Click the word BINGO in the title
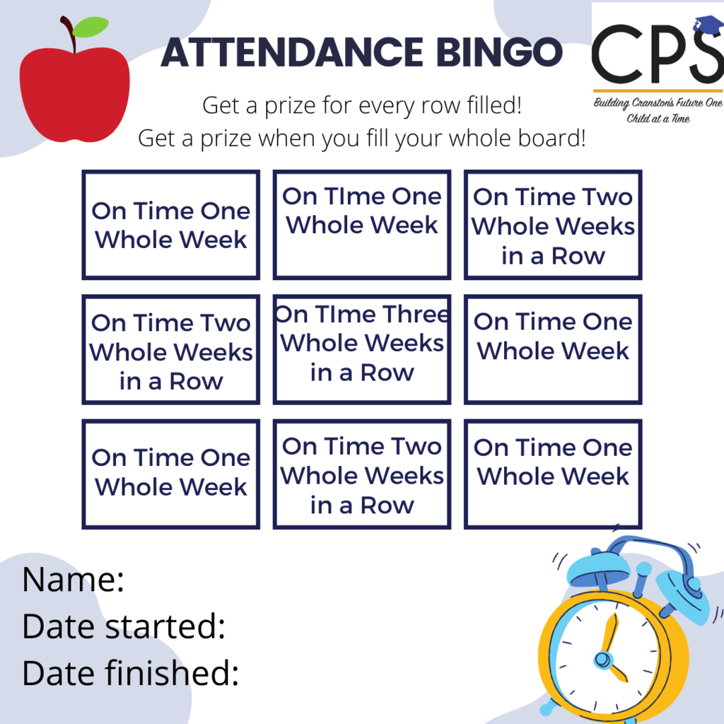499,52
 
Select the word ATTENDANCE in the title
292,52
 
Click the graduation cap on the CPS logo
708,24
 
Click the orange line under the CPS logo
658,90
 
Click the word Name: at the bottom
74,579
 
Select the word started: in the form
165,626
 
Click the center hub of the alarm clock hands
602,659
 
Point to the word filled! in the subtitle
494,105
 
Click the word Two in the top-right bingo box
607,197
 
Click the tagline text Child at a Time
658,119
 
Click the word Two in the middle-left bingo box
225,323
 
